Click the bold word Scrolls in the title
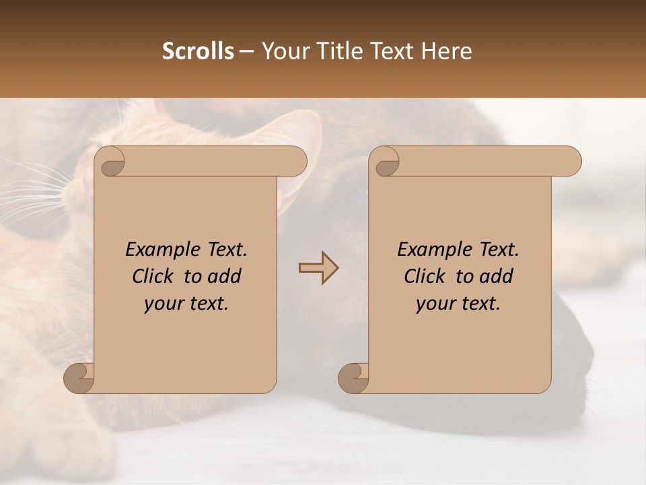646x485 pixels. (x=198, y=51)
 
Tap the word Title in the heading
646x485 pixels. (x=337, y=51)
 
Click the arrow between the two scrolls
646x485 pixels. (x=318, y=268)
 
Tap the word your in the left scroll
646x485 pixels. (x=163, y=304)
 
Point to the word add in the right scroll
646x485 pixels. (x=497, y=277)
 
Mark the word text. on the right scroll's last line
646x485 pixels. (x=479, y=304)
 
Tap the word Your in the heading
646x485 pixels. (x=283, y=51)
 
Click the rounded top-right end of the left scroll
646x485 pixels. (x=296, y=162)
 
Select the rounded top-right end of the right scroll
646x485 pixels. (x=571, y=162)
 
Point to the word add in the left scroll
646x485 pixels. (x=225, y=277)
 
